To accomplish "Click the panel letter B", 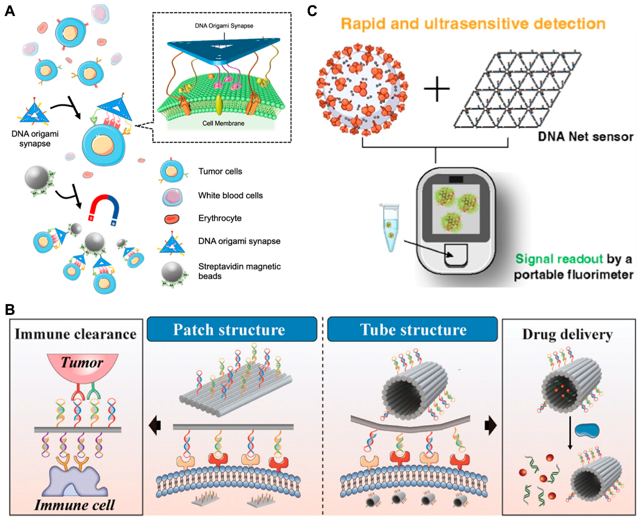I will [x=10, y=309].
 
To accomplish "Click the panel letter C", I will [x=312, y=11].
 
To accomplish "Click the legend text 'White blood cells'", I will [x=230, y=195].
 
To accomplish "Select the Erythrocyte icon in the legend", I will [x=172, y=219].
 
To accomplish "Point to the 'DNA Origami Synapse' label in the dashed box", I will [x=224, y=26].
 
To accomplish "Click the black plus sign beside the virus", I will [x=437, y=89].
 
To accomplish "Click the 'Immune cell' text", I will [x=74, y=505].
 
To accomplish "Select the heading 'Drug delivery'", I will [x=567, y=334].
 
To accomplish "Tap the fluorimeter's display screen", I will [x=456, y=209].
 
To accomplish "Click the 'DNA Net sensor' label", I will [x=585, y=137].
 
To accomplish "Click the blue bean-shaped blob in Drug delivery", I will [x=587, y=430].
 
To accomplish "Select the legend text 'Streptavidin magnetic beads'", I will [x=239, y=271].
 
